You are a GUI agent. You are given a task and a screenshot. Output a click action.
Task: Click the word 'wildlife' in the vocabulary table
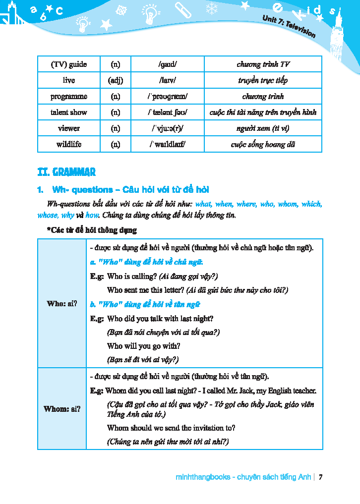point(69,144)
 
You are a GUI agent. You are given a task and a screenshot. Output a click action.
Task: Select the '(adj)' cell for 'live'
point(115,80)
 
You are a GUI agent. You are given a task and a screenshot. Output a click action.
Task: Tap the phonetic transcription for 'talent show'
point(168,112)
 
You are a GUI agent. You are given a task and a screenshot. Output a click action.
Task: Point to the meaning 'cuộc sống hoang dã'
point(263,145)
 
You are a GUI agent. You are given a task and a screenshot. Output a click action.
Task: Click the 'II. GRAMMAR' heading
point(66,172)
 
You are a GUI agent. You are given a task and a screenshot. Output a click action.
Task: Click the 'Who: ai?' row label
point(62,303)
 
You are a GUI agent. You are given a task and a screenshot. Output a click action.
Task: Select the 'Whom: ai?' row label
point(62,409)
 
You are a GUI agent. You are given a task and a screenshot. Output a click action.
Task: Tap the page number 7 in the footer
point(321,477)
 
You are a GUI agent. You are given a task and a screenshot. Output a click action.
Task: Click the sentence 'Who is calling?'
point(132,276)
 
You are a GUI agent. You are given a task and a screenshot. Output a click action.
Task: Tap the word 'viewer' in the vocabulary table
point(69,128)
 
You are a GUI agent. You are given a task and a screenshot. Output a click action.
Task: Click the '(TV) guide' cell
point(69,64)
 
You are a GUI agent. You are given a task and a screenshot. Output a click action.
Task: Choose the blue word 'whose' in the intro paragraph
point(47,215)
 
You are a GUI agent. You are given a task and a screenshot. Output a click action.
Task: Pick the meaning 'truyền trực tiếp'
point(263,80)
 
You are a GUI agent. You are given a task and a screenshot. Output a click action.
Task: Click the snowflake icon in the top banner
point(212,8)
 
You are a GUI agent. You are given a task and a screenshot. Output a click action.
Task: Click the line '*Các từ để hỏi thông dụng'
point(92,230)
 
